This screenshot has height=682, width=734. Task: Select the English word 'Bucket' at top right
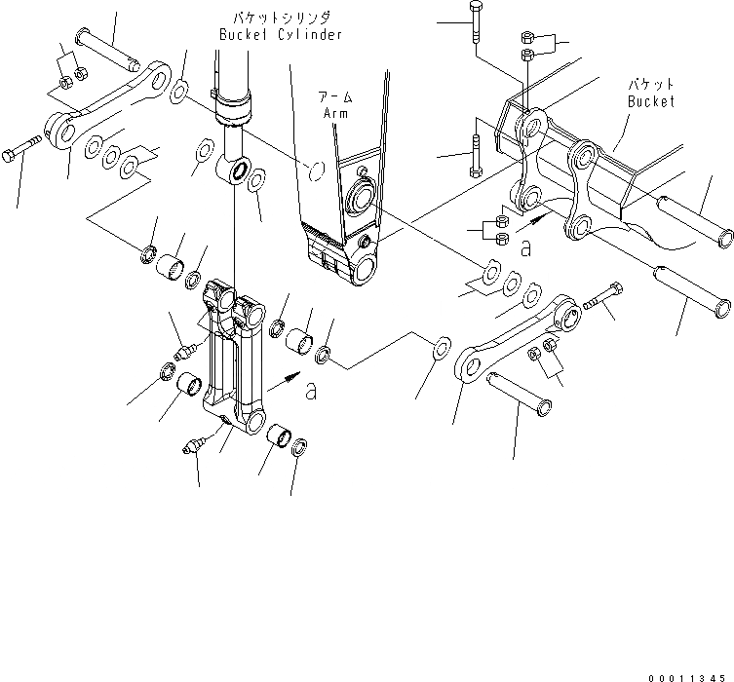[651, 101]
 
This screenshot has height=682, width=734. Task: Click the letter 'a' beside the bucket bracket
[525, 249]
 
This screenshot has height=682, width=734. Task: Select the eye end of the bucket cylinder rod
[236, 172]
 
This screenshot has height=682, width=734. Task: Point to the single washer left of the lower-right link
[441, 346]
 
